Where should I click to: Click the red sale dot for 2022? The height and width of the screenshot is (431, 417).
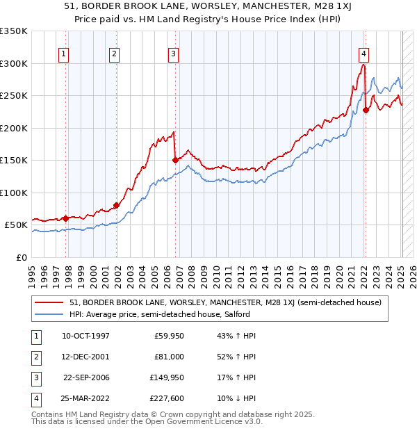366,110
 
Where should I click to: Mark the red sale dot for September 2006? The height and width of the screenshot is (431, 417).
175,160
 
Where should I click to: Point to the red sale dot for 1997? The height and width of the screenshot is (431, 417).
66,218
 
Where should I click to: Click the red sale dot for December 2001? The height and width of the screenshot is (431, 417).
116,204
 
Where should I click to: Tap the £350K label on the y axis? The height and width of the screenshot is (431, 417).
14,31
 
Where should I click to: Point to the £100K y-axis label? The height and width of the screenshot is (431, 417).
14,193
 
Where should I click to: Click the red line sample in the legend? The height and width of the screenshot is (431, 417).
49,302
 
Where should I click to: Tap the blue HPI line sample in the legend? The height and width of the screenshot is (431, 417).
49,314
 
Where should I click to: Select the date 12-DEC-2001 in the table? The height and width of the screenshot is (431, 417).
85,357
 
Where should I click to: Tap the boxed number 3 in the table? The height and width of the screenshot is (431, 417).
34,377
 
